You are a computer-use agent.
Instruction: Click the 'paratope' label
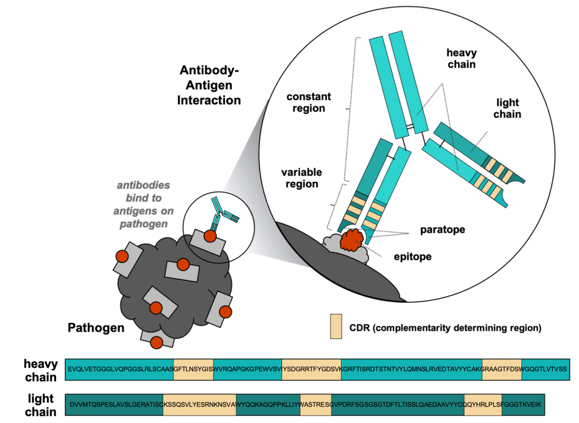[x=442, y=230]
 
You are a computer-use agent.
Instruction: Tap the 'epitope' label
[x=412, y=257]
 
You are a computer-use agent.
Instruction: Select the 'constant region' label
[x=309, y=102]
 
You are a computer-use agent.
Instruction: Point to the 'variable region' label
[x=302, y=178]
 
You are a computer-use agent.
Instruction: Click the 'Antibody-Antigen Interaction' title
[x=209, y=86]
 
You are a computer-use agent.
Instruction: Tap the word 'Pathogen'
[x=96, y=328]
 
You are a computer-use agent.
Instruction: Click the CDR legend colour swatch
[x=336, y=326]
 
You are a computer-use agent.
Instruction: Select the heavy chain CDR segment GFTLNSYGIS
[x=194, y=369]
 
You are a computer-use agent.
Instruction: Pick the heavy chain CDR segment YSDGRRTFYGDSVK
[x=312, y=369]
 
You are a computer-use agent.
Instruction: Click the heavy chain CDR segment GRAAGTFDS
[x=502, y=369]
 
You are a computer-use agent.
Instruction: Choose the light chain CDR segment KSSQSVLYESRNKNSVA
[x=199, y=404]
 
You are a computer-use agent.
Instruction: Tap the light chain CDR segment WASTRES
[x=316, y=404]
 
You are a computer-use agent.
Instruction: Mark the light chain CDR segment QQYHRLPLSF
[x=483, y=404]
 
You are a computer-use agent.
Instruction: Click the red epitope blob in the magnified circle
[x=352, y=240]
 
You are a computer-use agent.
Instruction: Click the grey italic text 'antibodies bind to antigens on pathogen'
[x=144, y=204]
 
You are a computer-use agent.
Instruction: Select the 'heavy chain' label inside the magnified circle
[x=462, y=59]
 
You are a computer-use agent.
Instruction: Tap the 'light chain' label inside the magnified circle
[x=508, y=109]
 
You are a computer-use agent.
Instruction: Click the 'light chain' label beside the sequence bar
[x=41, y=405]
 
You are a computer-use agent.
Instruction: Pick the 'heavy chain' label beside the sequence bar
[x=41, y=370]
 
